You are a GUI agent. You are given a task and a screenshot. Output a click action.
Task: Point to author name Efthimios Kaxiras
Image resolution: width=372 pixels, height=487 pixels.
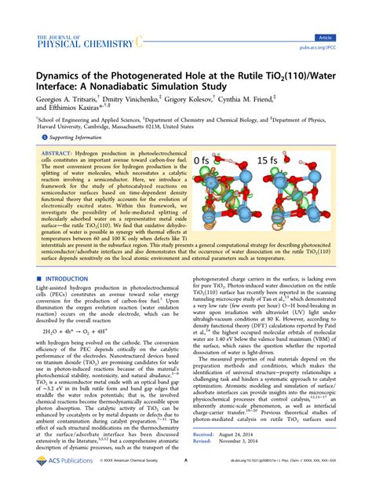tap(71, 112)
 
